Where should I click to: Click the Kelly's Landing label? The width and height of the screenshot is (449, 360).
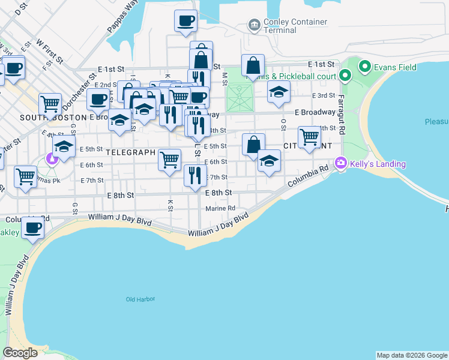pyautogui.click(x=379, y=164)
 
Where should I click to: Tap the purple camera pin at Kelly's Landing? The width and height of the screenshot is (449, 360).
pyautogui.click(x=342, y=163)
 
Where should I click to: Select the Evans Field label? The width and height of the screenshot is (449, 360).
pyautogui.click(x=395, y=67)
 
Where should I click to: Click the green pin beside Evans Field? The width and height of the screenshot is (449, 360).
pyautogui.click(x=363, y=66)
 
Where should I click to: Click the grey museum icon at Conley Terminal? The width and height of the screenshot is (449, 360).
pyautogui.click(x=253, y=25)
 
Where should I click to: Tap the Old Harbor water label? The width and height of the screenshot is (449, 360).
pyautogui.click(x=140, y=299)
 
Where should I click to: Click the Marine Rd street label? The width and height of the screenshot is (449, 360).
pyautogui.click(x=220, y=208)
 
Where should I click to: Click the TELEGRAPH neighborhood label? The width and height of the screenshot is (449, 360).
pyautogui.click(x=130, y=152)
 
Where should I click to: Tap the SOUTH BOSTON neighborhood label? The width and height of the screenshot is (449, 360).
pyautogui.click(x=53, y=117)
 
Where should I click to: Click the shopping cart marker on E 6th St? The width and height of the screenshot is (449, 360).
pyautogui.click(x=170, y=159)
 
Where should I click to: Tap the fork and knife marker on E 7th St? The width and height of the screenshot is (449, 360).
pyautogui.click(x=194, y=175)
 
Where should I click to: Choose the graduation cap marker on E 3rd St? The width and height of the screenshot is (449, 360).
pyautogui.click(x=279, y=92)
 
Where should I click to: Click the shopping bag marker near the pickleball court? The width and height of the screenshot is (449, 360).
pyautogui.click(x=253, y=65)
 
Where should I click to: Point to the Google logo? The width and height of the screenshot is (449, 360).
pyautogui.click(x=20, y=353)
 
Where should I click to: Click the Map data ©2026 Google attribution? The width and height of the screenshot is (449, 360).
pyautogui.click(x=412, y=355)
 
